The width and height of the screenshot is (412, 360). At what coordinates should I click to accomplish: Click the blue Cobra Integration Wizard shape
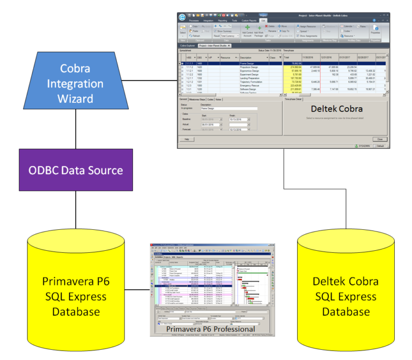tap(75, 84)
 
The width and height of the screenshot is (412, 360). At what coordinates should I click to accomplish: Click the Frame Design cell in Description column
tap(250, 63)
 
